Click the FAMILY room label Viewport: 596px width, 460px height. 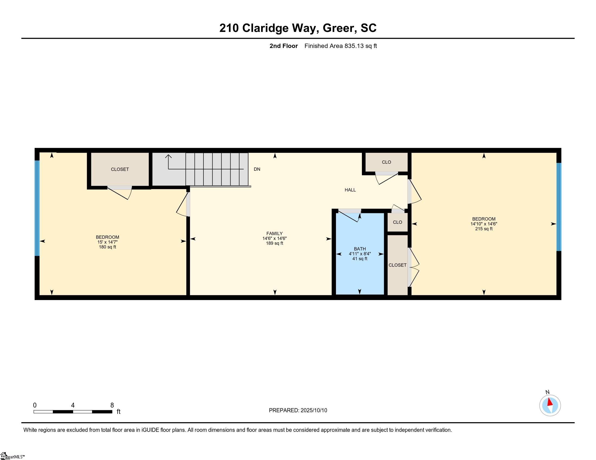point(274,234)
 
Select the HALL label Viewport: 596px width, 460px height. point(350,190)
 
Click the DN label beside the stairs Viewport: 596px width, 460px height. point(257,169)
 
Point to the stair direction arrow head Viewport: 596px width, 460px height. point(169,156)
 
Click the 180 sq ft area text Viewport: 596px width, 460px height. point(107,247)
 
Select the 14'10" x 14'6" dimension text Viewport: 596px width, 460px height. point(484,224)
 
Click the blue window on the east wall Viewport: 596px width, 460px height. point(559,207)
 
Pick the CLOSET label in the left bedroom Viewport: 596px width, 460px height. point(119,169)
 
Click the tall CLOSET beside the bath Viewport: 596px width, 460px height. point(397,265)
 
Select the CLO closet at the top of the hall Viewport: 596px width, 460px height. point(386,162)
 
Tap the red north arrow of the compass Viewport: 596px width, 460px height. point(550,402)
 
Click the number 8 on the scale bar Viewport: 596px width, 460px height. point(112,405)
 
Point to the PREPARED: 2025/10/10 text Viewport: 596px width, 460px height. point(298,410)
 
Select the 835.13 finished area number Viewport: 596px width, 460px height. point(354,46)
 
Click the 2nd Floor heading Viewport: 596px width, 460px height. point(283,46)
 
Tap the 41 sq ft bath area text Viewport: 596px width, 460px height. point(359,259)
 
